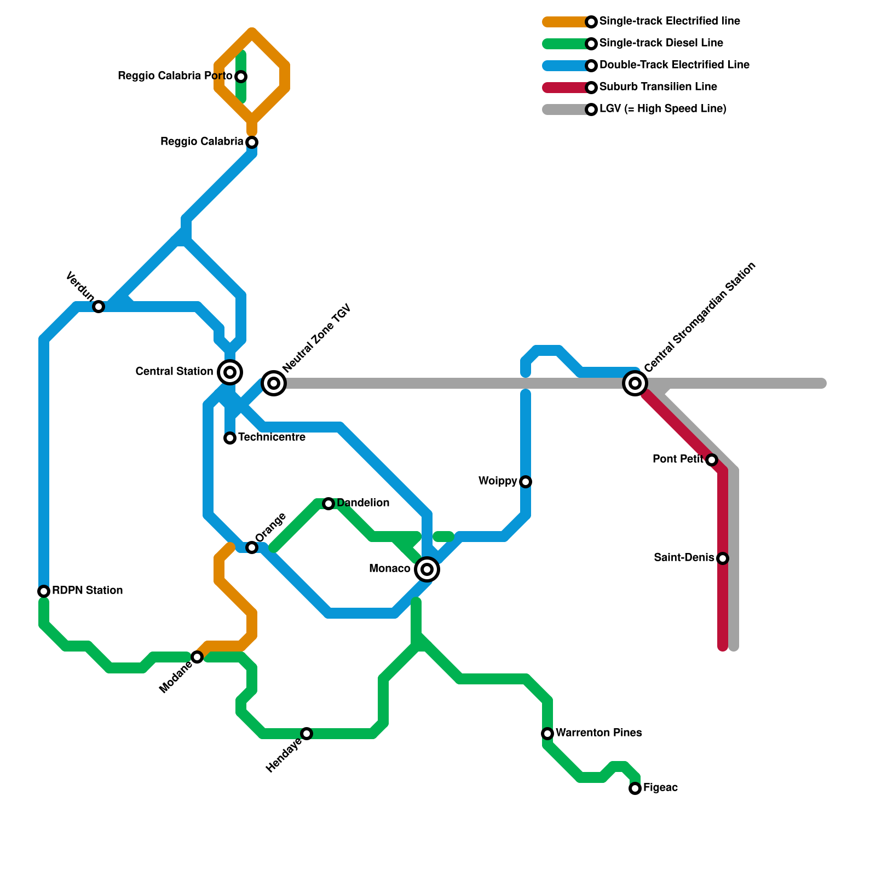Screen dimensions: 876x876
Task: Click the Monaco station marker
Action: click(x=427, y=569)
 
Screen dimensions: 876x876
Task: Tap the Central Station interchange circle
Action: click(x=230, y=372)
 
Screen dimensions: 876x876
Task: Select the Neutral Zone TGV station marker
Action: click(x=274, y=383)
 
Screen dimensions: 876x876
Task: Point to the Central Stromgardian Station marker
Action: click(x=635, y=383)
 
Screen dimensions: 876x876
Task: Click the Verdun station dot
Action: click(x=99, y=307)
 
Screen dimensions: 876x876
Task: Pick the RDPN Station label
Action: click(x=87, y=591)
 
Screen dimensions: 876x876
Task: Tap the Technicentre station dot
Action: click(x=230, y=438)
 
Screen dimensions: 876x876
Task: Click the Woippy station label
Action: click(x=497, y=481)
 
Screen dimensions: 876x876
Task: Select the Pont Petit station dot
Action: click(x=712, y=460)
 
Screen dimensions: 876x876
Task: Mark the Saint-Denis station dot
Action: click(x=723, y=558)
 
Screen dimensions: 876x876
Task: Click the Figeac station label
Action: click(x=660, y=788)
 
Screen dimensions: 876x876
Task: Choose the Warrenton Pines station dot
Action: click(x=547, y=734)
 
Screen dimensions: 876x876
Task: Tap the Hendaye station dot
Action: click(x=307, y=734)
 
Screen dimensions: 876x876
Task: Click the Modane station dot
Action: click(x=197, y=657)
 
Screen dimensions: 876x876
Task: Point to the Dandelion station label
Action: click(x=363, y=503)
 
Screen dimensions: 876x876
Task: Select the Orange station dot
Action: click(x=252, y=547)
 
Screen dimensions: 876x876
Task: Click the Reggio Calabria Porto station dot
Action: click(x=241, y=77)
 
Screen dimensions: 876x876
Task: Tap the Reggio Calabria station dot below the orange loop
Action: click(x=252, y=142)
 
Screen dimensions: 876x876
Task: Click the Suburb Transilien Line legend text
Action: click(x=658, y=87)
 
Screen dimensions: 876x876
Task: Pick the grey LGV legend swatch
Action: click(x=564, y=109)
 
